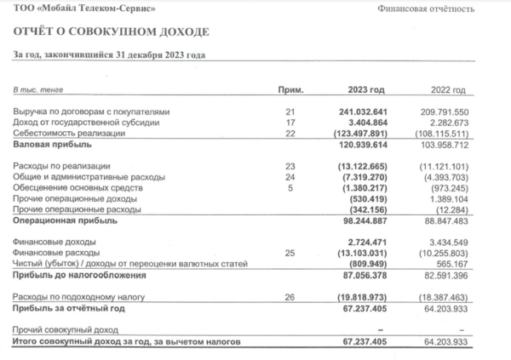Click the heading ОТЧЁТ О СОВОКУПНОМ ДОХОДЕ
point(110,32)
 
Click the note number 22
point(290,132)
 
